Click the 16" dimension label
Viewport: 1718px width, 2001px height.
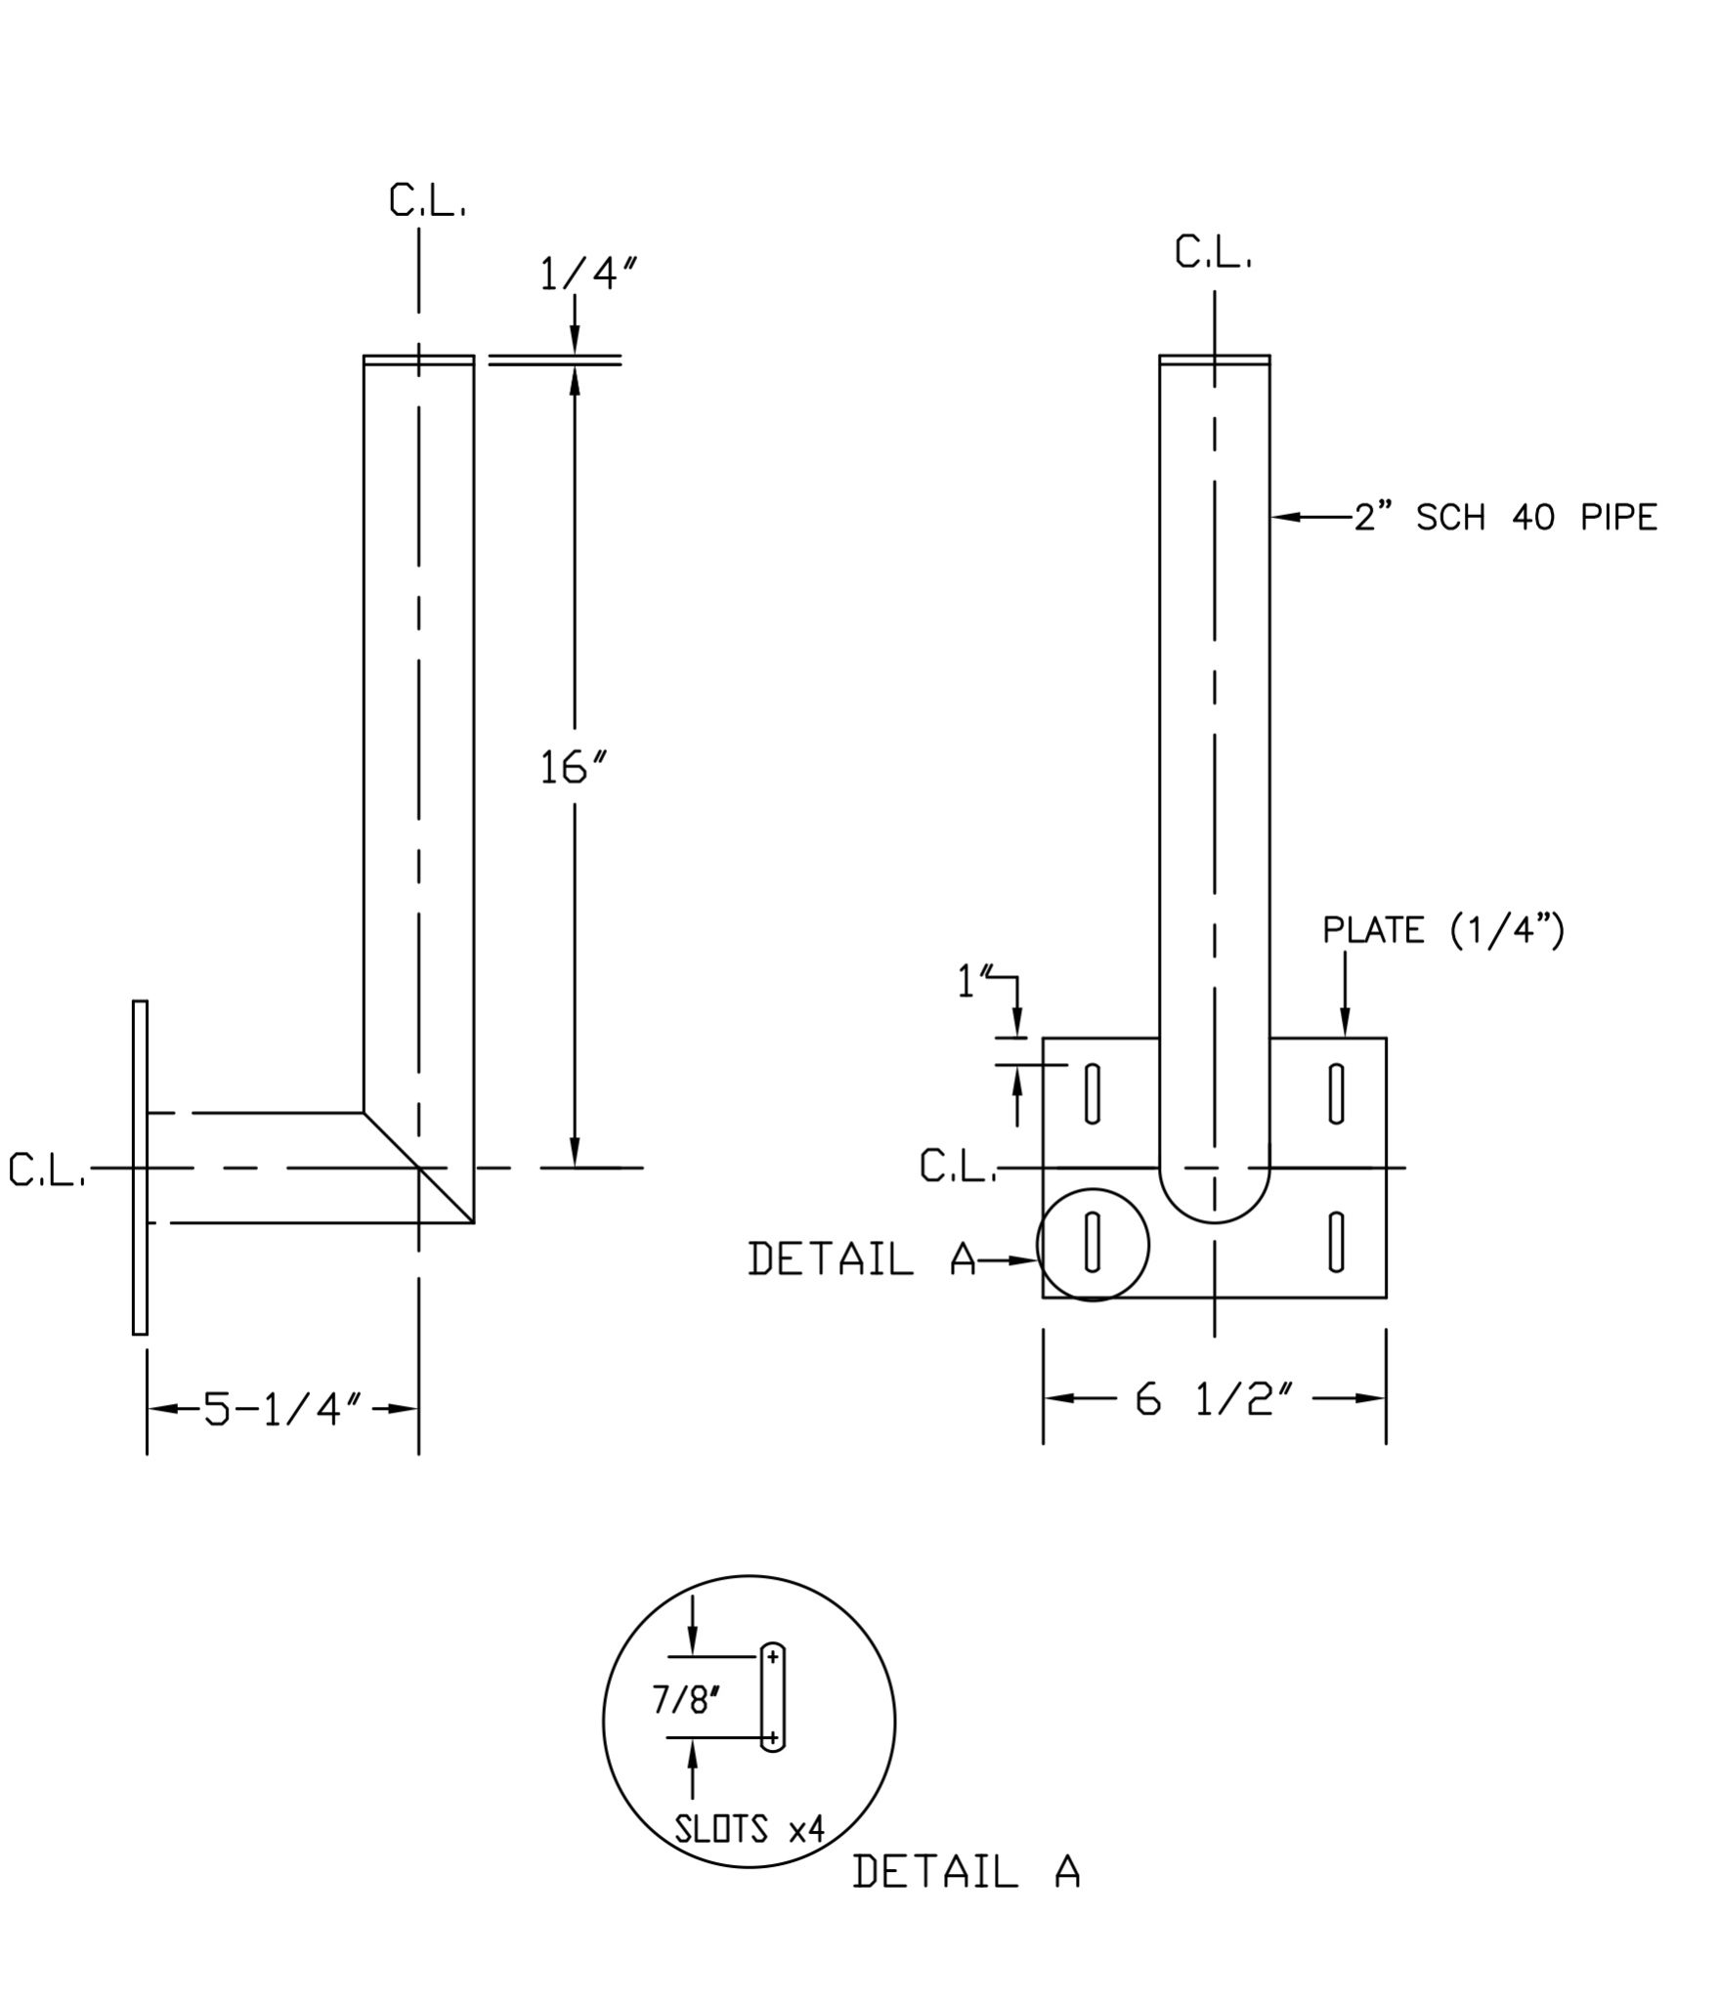point(574,768)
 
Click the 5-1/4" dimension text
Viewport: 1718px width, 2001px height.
point(282,1409)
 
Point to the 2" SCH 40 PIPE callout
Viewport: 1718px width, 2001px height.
point(1505,517)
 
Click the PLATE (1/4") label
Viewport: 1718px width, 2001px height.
point(1443,930)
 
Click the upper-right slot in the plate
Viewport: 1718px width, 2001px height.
point(1336,1094)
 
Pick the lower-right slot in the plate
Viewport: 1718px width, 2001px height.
point(1336,1242)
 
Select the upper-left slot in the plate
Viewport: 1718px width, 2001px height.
point(1093,1094)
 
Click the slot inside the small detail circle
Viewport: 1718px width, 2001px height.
point(1093,1242)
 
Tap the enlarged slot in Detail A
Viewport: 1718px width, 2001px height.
point(772,1697)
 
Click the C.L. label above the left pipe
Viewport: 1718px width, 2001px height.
point(427,200)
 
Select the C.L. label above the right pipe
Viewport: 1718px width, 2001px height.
point(1214,253)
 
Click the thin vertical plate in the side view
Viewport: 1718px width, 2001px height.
point(140,1168)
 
